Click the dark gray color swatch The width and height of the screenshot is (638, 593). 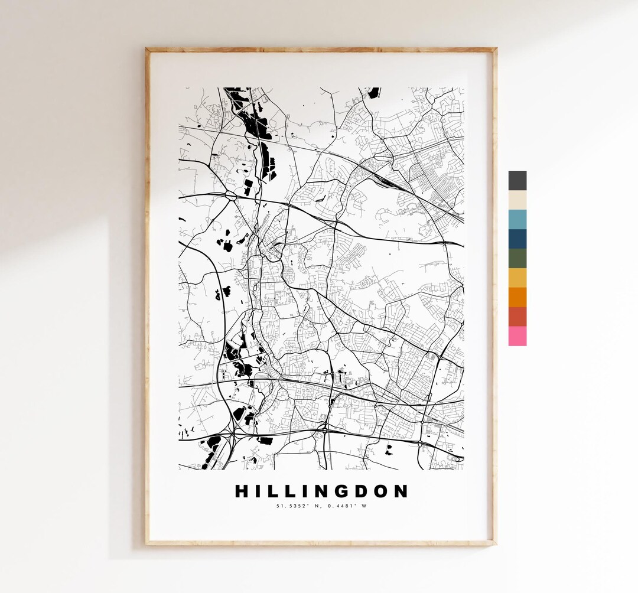point(517,181)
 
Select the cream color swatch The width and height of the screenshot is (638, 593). point(517,200)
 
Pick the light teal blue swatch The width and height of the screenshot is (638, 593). point(517,220)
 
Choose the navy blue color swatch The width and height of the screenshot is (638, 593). point(517,239)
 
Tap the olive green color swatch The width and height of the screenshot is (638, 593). point(517,259)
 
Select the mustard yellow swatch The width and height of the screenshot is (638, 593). point(517,278)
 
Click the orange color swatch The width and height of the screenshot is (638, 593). point(517,297)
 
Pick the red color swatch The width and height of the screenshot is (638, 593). point(517,317)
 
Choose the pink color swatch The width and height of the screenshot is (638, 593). point(517,336)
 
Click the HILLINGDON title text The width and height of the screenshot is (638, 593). point(321,491)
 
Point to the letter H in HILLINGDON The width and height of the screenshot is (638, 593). point(242,491)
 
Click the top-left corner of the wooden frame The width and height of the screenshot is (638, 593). point(147,50)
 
